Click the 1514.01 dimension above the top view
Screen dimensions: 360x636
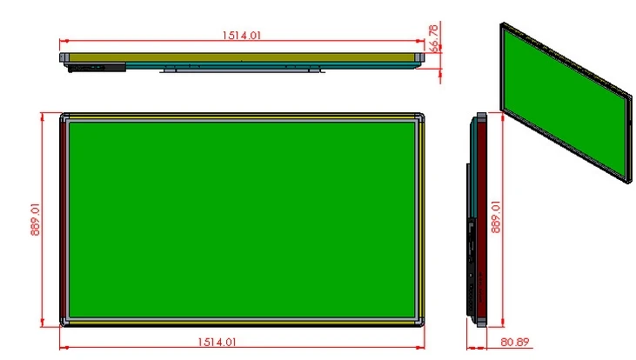(242, 35)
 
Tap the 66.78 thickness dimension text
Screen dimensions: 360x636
(433, 38)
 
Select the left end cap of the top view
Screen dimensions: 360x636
(64, 57)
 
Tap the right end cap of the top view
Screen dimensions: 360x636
(419, 57)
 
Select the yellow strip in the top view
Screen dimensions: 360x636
(261, 57)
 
